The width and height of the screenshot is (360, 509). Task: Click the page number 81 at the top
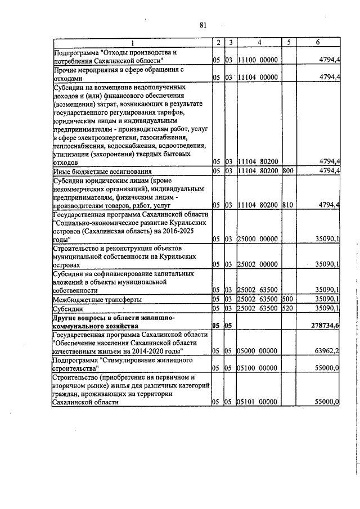(204, 25)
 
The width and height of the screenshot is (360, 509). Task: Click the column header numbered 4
(259, 43)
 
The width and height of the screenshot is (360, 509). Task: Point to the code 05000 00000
(257, 351)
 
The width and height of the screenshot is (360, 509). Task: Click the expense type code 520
(286, 308)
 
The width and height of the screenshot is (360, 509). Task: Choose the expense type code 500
(286, 299)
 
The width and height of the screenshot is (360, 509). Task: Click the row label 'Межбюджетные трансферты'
(97, 300)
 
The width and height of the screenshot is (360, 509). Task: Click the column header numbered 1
(133, 43)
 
